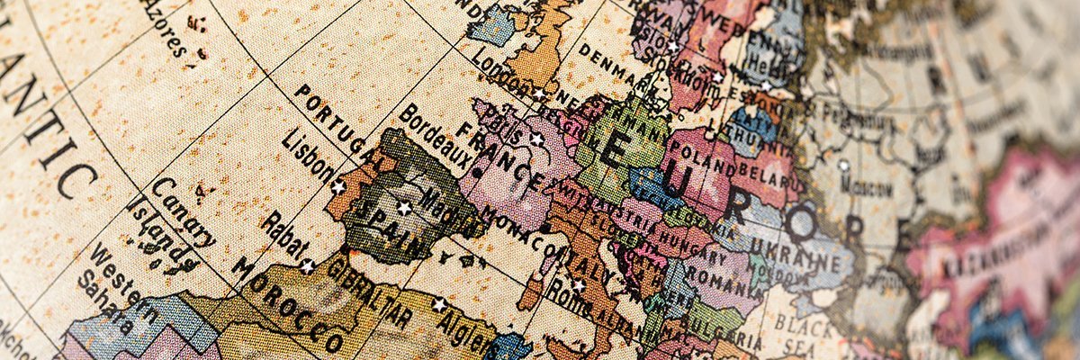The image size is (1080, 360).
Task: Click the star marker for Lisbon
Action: point(338,187)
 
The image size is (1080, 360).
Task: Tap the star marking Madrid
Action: point(404,209)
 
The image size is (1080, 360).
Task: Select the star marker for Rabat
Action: point(307,265)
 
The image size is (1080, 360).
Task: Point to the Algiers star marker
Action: point(439,304)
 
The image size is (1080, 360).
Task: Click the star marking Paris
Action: point(537,139)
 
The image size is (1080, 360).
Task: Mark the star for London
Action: point(539,94)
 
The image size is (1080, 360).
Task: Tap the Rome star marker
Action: point(578,285)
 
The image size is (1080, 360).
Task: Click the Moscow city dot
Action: point(843,166)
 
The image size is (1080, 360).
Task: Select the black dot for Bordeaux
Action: point(475,170)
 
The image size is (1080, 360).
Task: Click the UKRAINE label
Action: point(802,253)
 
